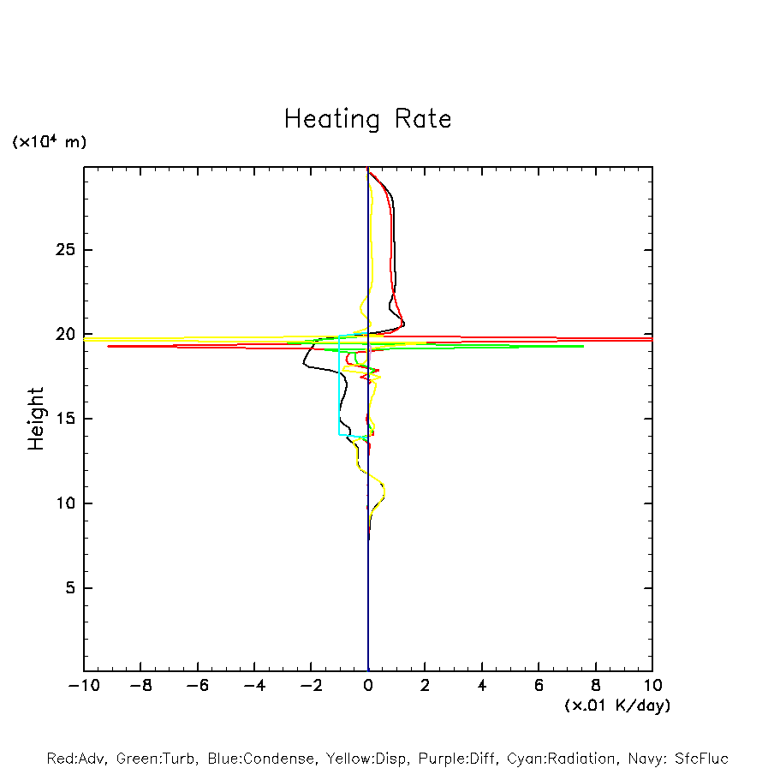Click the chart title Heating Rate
367,119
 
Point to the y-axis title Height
36,419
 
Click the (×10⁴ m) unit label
49,142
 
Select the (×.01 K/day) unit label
616,706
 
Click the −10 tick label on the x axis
84,686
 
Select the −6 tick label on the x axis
198,686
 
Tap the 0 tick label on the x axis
368,686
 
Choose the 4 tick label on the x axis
482,686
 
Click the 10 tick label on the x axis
652,686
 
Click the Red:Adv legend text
76,759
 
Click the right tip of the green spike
583,346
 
